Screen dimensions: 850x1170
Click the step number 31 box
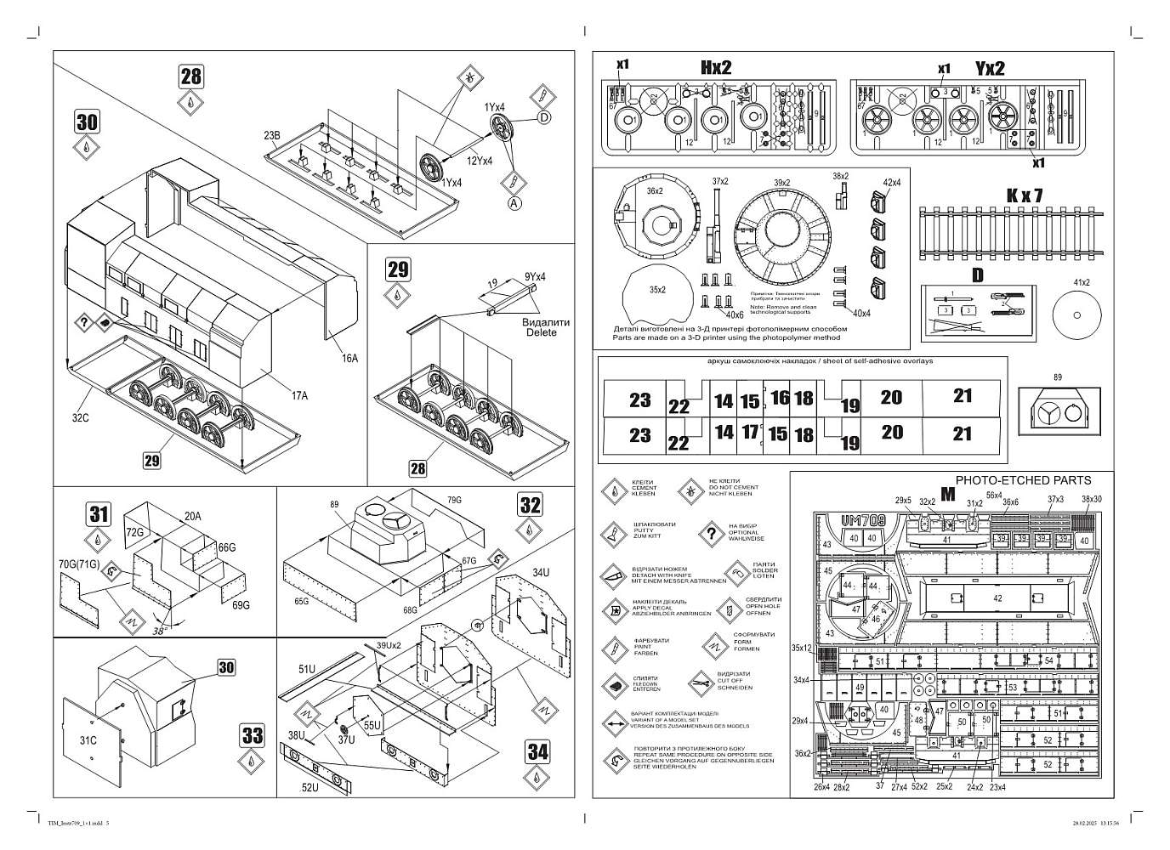(x=99, y=513)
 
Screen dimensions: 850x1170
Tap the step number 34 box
(x=538, y=751)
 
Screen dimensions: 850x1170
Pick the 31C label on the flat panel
(x=88, y=740)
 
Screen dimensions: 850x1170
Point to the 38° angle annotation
(x=159, y=632)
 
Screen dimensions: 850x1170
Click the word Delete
(x=541, y=332)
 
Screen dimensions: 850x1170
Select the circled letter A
(x=514, y=202)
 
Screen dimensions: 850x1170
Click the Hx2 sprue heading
(x=716, y=68)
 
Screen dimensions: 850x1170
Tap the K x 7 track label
(x=1024, y=195)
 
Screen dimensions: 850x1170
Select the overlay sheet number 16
(x=780, y=398)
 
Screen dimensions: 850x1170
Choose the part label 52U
(x=310, y=787)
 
